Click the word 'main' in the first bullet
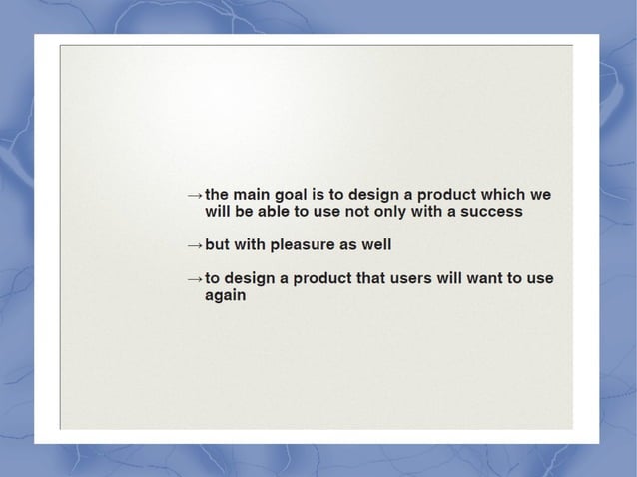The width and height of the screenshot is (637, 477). point(252,194)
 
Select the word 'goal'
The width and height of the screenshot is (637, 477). point(294,194)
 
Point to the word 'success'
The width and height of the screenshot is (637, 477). point(490,212)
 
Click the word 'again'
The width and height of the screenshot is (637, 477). point(225,296)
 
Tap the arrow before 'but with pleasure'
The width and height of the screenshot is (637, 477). point(194,245)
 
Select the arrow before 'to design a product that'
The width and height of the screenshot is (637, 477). point(194,279)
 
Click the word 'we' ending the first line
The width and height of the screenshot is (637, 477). point(541,194)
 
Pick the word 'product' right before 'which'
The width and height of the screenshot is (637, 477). point(445,194)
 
